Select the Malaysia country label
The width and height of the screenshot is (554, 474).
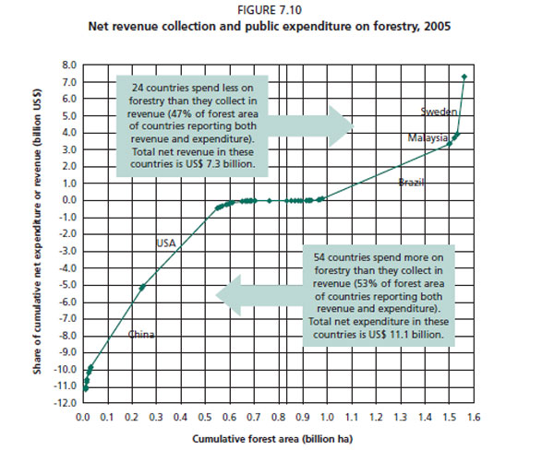point(428,137)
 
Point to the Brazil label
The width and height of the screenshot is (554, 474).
point(411,183)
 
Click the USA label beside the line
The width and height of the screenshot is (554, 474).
point(165,243)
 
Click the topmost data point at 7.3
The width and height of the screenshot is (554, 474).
point(464,77)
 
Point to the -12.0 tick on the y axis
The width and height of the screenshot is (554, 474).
point(66,404)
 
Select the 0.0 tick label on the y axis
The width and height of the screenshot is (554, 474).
point(70,200)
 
